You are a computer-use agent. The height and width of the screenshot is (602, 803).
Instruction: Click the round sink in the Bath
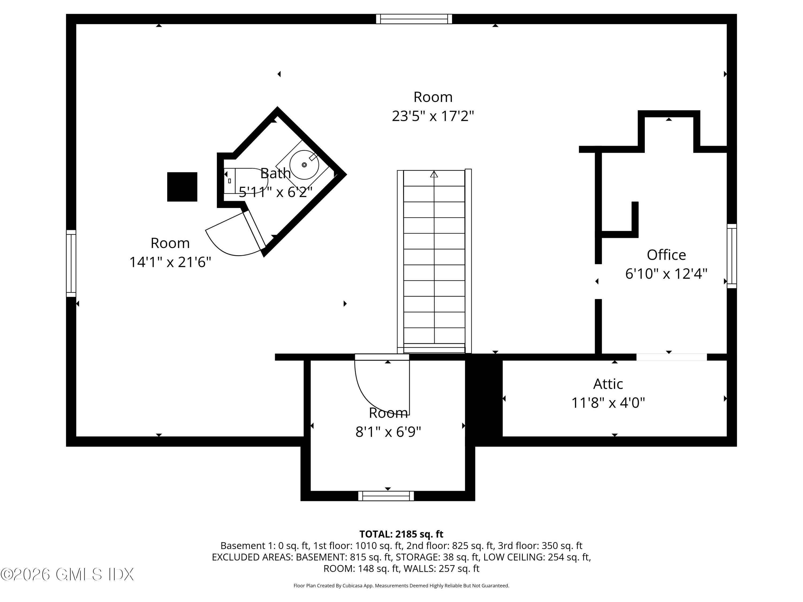tap(304, 165)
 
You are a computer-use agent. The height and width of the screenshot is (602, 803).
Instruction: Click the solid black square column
tap(182, 187)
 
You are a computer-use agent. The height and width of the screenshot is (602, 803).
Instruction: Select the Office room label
tap(666, 255)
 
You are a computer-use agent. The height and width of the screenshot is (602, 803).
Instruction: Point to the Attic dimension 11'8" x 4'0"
tap(608, 403)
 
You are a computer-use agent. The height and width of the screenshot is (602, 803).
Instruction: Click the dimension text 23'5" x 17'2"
tap(433, 116)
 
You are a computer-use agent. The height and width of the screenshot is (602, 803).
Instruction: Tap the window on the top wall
tap(414, 19)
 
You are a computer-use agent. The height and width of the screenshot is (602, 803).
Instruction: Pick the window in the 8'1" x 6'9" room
tap(386, 496)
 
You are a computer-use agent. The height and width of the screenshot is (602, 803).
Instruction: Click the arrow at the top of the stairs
tap(434, 174)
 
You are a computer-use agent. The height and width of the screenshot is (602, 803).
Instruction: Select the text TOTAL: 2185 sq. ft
tap(401, 534)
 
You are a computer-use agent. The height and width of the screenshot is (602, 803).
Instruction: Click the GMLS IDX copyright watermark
tap(67, 574)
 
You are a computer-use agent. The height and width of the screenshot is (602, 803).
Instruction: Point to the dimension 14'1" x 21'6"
tap(170, 262)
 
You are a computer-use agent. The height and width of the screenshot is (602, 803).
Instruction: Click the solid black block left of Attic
tap(484, 399)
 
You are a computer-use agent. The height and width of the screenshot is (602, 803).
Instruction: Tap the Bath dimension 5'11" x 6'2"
tap(275, 192)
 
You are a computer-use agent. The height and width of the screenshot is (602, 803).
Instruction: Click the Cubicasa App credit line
tap(401, 586)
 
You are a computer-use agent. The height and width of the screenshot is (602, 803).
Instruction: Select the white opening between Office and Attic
tap(671, 357)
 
